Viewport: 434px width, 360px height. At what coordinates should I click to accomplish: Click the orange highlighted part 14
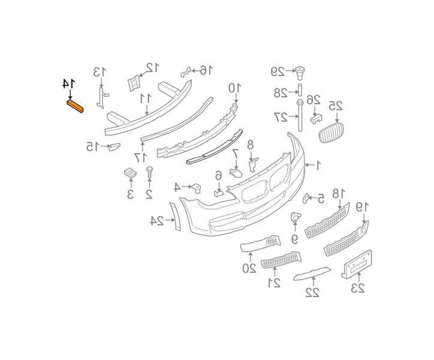tap(76, 107)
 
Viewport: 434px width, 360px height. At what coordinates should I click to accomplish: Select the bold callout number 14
tap(68, 83)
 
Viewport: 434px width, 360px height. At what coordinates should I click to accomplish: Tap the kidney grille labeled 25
tap(331, 133)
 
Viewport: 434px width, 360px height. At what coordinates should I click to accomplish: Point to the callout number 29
tap(278, 71)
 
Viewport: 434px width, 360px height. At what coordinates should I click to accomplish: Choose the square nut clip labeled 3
tap(130, 173)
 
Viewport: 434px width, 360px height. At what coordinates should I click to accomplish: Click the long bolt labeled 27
tap(300, 116)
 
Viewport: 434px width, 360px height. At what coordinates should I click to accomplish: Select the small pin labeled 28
tap(300, 89)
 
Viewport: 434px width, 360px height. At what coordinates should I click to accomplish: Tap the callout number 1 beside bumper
tap(318, 166)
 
